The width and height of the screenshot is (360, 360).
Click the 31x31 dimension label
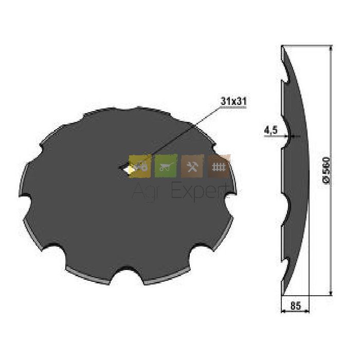[233, 101]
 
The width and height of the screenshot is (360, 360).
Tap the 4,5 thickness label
[271, 131]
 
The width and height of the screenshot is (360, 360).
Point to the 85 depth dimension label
[296, 305]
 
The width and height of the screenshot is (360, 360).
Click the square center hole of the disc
[124, 168]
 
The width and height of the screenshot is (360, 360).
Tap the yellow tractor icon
[140, 166]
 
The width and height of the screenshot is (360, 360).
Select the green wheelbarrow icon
[166, 166]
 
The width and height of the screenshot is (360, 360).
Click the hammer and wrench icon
[192, 166]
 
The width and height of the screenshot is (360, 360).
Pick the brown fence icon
[219, 166]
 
